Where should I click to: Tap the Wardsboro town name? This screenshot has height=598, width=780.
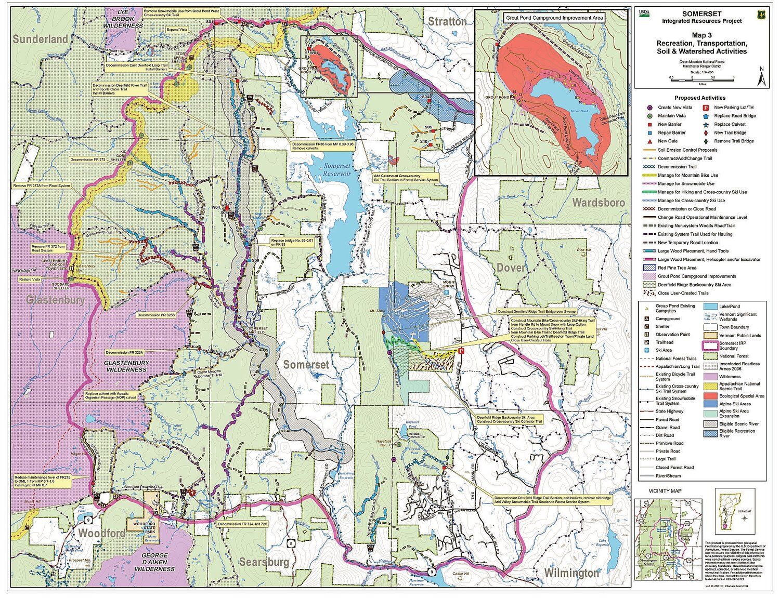pyautogui.click(x=598, y=203)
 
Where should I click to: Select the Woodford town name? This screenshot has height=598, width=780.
pyautogui.click(x=101, y=534)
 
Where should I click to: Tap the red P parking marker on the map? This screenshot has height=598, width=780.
pyautogui.click(x=461, y=351)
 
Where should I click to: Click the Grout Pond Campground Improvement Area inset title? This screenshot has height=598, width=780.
pyautogui.click(x=554, y=18)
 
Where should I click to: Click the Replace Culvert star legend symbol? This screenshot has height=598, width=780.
pyautogui.click(x=706, y=125)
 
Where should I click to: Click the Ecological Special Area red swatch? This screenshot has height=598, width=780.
pyautogui.click(x=710, y=396)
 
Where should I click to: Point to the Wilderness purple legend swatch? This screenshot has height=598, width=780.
pyautogui.click(x=710, y=377)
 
